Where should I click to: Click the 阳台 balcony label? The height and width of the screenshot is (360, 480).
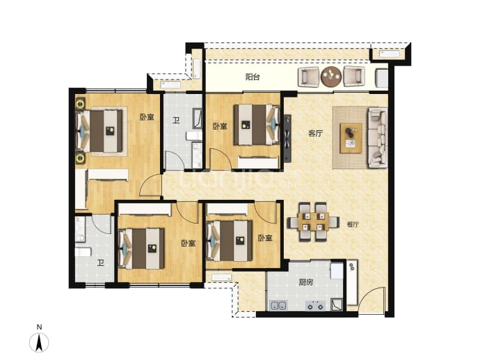click(253, 77)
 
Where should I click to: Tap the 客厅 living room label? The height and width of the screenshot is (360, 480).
click(316, 133)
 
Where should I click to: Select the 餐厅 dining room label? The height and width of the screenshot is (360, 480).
click(353, 224)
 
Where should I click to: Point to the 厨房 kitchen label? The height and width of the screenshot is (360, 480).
click(306, 282)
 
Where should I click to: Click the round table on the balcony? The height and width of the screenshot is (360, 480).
click(331, 77)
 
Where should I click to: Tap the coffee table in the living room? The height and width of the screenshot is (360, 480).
click(351, 138)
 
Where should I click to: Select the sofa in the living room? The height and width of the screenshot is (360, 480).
click(378, 138)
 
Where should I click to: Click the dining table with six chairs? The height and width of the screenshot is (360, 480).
click(313, 222)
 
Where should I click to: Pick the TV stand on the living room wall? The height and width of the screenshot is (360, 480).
click(287, 138)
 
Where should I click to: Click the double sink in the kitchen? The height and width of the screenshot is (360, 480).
click(278, 306)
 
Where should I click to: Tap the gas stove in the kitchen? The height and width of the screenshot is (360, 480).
click(315, 306)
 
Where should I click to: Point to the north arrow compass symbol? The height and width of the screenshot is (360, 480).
click(39, 342)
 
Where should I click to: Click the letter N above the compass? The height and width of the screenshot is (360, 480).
click(39, 327)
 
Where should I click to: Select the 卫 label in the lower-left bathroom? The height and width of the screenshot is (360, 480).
click(100, 263)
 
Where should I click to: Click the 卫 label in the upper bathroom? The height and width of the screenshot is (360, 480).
click(175, 120)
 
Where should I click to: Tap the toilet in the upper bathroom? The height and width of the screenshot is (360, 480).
click(194, 135)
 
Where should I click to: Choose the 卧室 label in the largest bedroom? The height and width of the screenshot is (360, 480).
click(147, 117)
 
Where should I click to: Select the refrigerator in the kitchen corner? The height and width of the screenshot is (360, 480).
click(337, 270)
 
